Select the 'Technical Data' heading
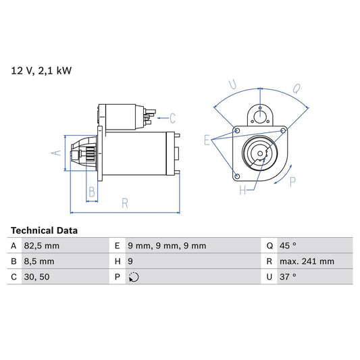tap(44, 230)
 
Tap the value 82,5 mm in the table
tap(43, 246)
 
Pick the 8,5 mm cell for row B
tap(40, 261)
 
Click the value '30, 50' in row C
tap(36, 277)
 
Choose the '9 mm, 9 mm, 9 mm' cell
tap(167, 246)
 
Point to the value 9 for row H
tap(130, 261)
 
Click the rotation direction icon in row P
tap(133, 277)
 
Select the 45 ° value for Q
tap(288, 246)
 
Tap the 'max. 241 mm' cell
tap(307, 261)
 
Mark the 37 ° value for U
tap(288, 277)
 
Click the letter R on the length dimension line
tap(125, 202)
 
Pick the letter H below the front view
tap(242, 190)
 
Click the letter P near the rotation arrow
tap(292, 181)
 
